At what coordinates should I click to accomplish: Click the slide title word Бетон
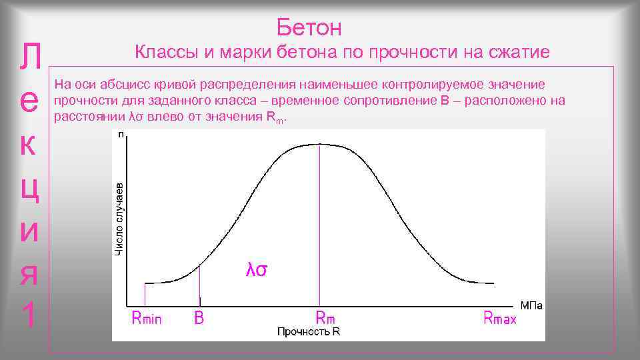point(309,27)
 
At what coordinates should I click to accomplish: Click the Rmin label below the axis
point(147,318)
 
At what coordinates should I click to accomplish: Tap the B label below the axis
point(199,318)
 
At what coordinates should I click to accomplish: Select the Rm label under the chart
point(325,318)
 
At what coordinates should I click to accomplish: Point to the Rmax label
point(500,318)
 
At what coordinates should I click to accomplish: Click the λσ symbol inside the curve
point(257,270)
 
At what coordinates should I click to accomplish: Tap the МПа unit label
point(531,306)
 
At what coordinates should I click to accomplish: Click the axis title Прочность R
point(308,331)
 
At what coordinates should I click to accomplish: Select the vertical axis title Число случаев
point(119,218)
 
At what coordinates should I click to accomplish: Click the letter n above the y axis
point(121,135)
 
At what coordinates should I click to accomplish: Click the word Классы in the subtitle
point(163,52)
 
